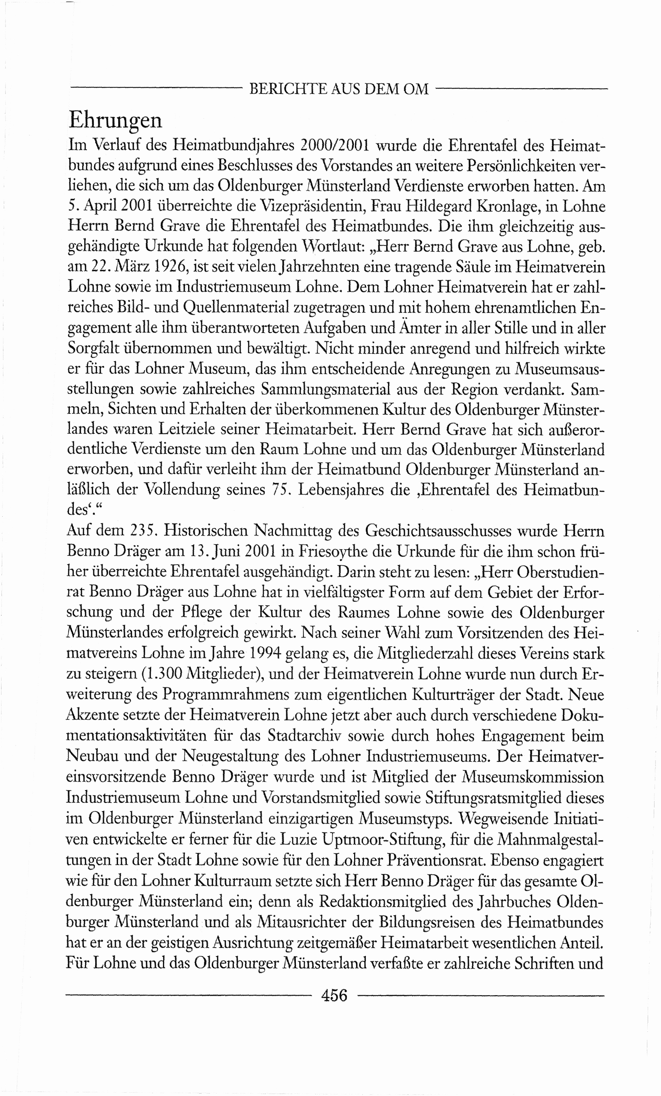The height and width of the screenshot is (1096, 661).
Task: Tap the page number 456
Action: point(334,994)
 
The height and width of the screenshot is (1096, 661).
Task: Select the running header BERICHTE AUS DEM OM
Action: point(339,89)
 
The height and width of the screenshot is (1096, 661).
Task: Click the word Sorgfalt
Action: point(94,348)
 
